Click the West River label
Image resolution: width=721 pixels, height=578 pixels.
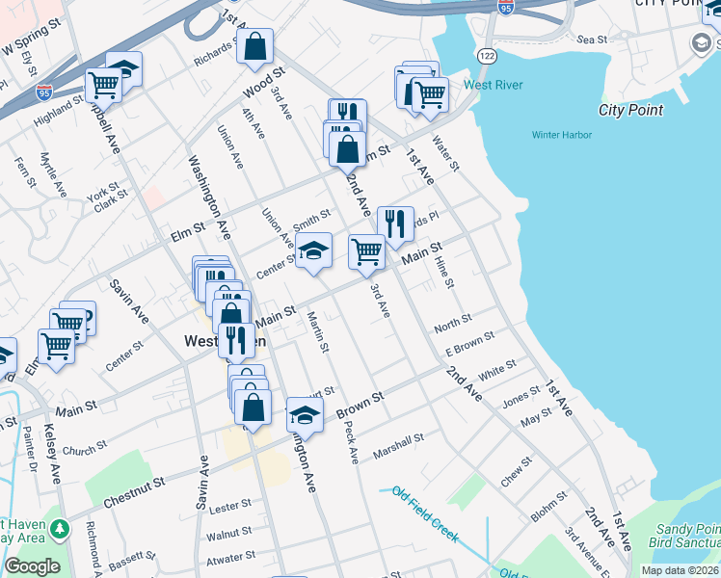[493, 85]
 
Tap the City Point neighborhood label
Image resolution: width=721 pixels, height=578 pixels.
[630, 110]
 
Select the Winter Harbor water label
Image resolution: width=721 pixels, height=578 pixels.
[562, 135]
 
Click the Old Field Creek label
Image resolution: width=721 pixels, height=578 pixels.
[425, 515]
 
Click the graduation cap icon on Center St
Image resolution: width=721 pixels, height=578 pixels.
[313, 251]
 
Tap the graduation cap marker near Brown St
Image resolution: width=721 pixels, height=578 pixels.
[305, 415]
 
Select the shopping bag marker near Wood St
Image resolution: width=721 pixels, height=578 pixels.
[254, 46]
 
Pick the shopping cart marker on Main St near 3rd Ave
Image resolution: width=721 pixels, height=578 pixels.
[367, 252]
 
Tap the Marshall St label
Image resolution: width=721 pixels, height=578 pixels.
[399, 444]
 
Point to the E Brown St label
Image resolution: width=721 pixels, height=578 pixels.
[469, 344]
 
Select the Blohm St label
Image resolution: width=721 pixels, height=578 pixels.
[548, 505]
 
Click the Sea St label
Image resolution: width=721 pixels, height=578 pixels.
[592, 39]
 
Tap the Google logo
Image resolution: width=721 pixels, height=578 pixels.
[32, 565]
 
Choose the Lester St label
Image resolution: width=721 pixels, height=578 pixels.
[229, 505]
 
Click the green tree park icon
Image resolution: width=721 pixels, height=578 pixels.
[60, 529]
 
